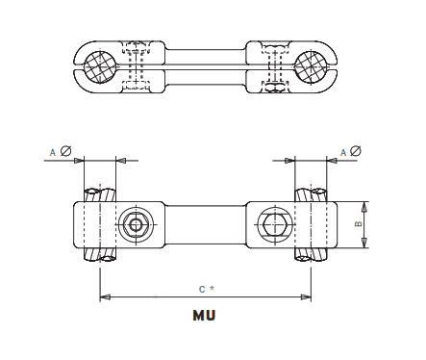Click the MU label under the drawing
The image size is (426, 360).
203,315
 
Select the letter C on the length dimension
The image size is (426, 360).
200,289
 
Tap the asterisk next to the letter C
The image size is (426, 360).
211,288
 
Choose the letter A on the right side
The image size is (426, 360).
342,151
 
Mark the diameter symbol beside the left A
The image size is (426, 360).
65,150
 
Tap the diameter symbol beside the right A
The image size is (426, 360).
357,150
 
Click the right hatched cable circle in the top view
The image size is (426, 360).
313,66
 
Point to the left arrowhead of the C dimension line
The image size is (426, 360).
105,296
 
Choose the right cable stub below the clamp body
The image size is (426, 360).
310,255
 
